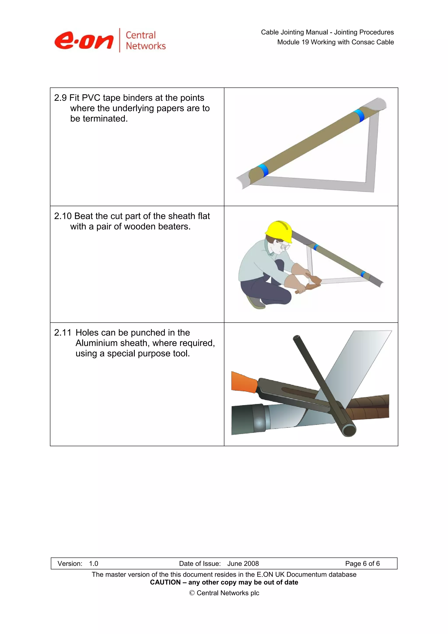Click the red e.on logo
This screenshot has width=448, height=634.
pyautogui.click(x=84, y=41)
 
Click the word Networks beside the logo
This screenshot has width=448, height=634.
pyautogui.click(x=145, y=46)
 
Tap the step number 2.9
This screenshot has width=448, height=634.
pyautogui.click(x=60, y=98)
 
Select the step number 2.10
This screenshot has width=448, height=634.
pyautogui.click(x=63, y=216)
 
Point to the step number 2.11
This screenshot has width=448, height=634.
pyautogui.click(x=63, y=333)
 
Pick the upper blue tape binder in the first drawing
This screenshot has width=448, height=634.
pyautogui.click(x=359, y=116)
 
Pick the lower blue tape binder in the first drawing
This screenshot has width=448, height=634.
pyautogui.click(x=263, y=171)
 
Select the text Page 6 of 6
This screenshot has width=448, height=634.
pyautogui.click(x=362, y=564)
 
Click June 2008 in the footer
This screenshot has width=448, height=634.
pyautogui.click(x=243, y=564)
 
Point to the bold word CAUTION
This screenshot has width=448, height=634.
pyautogui.click(x=164, y=582)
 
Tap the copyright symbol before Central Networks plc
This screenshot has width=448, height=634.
pyautogui.click(x=192, y=593)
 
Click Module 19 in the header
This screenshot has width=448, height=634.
pyautogui.click(x=293, y=42)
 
